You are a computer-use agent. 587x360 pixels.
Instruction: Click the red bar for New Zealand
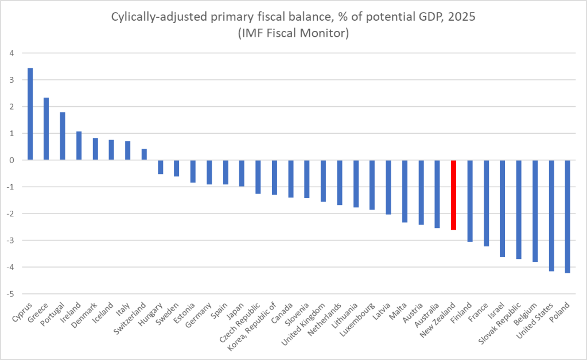(454, 195)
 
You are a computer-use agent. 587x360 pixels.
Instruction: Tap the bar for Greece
(46, 129)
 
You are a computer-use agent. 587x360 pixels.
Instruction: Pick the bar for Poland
(567, 216)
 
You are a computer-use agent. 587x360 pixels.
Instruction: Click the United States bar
(551, 215)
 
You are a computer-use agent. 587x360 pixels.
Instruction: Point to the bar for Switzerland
(144, 154)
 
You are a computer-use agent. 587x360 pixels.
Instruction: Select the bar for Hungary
(161, 167)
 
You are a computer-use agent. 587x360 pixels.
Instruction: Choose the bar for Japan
(242, 173)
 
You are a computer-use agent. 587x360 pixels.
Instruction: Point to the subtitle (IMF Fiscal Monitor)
(293, 34)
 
